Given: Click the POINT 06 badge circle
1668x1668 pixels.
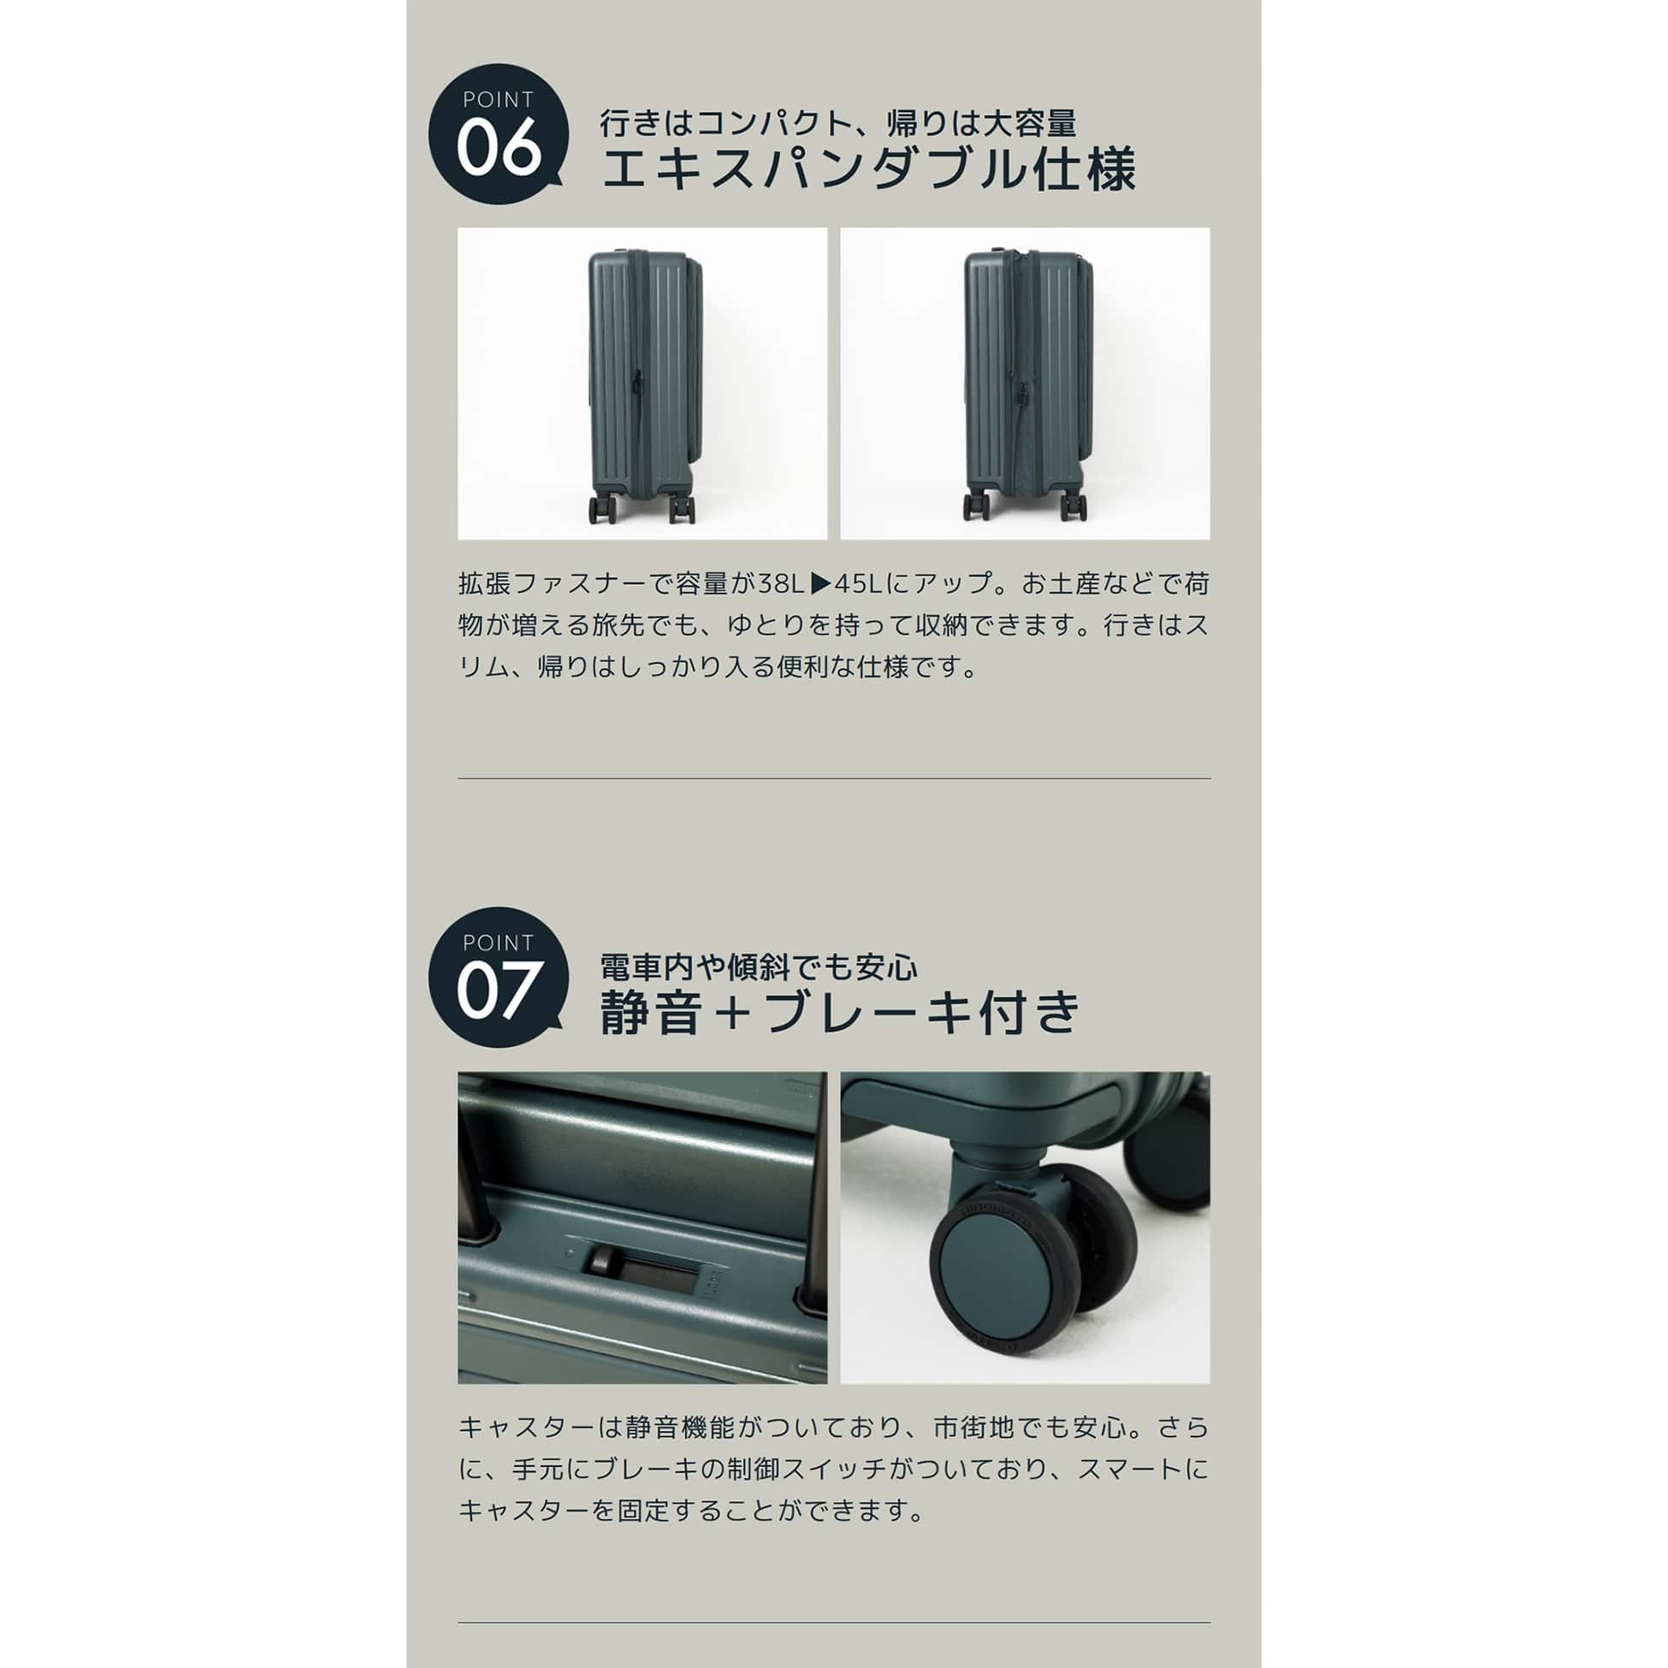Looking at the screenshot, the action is [498, 134].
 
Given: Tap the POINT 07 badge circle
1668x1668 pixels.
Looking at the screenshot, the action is [498, 978].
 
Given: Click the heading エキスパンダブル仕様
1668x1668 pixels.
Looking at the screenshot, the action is [867, 169].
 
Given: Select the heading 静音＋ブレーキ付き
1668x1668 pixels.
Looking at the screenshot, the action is [840, 1011].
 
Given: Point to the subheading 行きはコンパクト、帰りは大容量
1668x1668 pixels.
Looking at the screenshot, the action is [838, 122].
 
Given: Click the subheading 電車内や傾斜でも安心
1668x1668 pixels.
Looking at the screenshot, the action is [759, 967].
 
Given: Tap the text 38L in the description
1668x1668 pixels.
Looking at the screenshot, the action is [781, 583].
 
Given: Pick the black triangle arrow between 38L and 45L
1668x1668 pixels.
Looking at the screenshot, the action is [820, 583].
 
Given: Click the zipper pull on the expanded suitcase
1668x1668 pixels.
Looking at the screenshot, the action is [1020, 396].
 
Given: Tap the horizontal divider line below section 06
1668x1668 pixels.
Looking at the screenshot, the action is [834, 778].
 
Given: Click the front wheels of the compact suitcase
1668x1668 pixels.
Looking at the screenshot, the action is [679, 508].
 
